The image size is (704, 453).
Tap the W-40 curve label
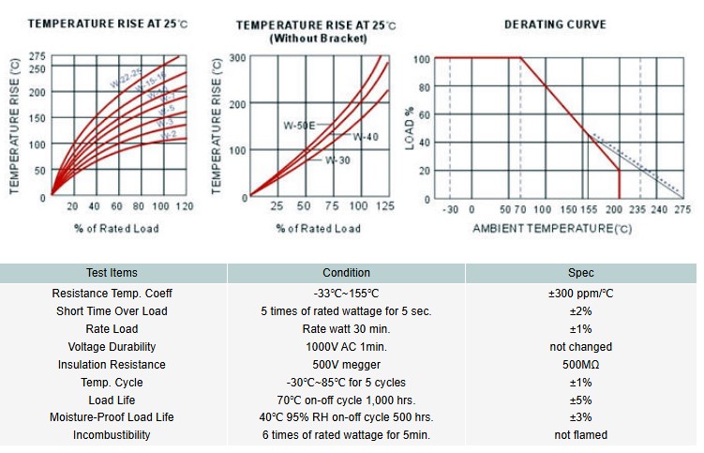[x=366, y=137]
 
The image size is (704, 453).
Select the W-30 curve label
[x=337, y=160]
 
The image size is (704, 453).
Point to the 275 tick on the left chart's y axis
[x=37, y=57]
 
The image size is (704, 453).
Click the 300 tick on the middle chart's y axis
[x=237, y=57]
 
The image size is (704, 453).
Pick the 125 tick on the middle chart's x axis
[x=385, y=205]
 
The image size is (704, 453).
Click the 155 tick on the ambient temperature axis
[x=588, y=210]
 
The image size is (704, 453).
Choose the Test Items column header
[x=112, y=273]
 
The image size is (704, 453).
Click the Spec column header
[x=580, y=273]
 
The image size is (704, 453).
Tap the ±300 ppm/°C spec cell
[x=580, y=294]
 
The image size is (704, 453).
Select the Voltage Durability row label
[x=112, y=347]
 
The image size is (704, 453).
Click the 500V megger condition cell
[x=346, y=365]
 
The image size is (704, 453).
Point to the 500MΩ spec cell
[x=580, y=365]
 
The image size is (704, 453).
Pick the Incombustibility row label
[x=112, y=435]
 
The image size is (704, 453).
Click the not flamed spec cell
[x=580, y=435]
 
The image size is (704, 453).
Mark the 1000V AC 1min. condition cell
[x=346, y=347]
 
